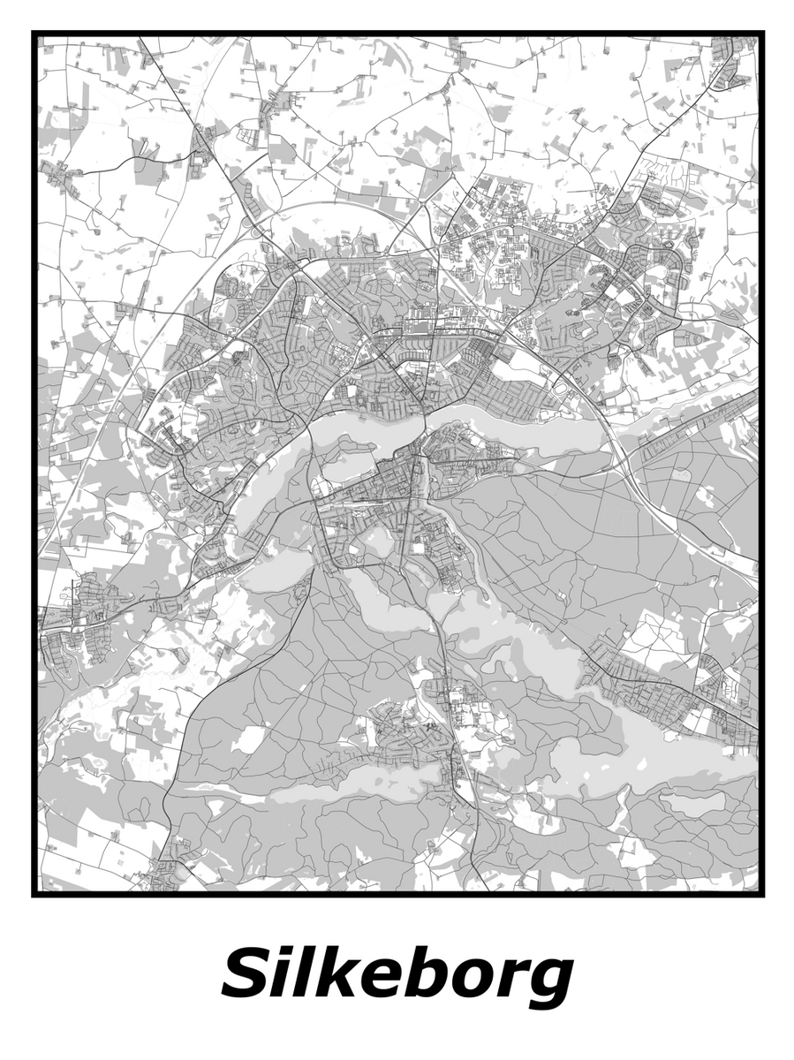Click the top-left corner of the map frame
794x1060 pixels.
34,34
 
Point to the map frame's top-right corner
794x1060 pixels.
761,34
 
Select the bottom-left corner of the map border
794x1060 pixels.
34,894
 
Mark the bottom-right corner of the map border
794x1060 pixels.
761,894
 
